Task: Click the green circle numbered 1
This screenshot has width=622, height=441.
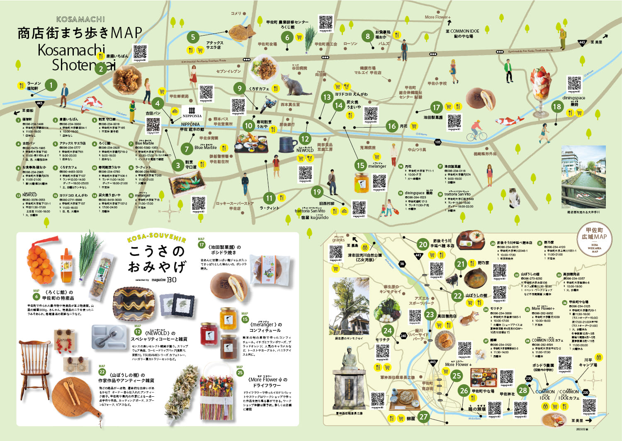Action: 51,85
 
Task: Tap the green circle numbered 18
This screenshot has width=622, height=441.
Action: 556,106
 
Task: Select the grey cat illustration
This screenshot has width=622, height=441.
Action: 295,84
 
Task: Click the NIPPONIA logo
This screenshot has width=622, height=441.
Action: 192,112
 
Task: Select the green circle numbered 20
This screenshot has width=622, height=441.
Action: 423,244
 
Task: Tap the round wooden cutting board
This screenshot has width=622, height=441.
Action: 75,398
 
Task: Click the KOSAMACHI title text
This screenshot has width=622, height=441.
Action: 80,19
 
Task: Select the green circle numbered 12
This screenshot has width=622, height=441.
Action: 305,139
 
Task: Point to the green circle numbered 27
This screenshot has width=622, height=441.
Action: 423,417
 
